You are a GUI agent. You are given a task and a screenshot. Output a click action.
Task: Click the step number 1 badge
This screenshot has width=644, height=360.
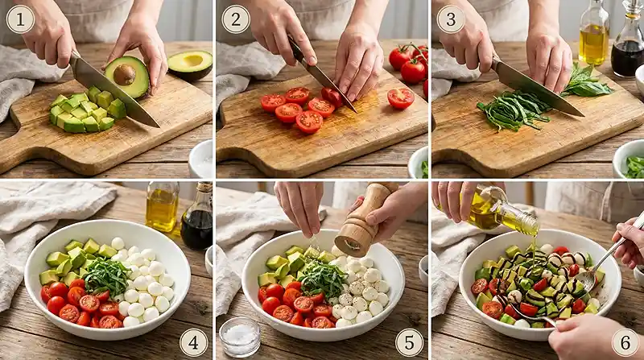20,19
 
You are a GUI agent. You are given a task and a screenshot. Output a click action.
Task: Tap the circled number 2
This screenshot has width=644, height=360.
235,19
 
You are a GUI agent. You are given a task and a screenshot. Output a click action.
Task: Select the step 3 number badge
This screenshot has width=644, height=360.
451,19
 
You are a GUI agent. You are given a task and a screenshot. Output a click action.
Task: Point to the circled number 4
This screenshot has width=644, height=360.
193,342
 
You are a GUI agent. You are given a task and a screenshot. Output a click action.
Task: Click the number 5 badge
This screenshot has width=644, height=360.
409,342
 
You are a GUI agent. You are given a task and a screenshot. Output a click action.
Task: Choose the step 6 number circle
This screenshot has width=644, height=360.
625,342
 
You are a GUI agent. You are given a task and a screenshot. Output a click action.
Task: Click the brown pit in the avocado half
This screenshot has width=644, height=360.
124,75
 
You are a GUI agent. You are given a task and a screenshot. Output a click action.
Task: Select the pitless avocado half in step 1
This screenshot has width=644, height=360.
191,64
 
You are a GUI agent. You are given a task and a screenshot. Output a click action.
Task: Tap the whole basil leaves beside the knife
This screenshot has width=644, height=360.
587,83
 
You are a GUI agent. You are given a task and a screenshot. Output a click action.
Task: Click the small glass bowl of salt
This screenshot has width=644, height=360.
240,336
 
